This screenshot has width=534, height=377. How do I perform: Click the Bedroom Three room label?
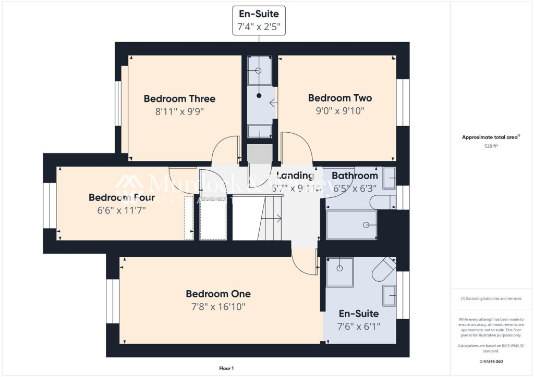coord(179,98)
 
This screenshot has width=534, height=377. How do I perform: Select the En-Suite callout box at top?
coord(259,20)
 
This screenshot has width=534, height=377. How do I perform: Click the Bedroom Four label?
coord(121,197)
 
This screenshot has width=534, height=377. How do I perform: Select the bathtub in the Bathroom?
coord(351,225)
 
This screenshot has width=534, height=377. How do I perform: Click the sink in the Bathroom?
coord(389,178)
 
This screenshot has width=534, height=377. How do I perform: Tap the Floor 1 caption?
coord(226,368)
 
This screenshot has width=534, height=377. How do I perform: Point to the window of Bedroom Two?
coord(403,102)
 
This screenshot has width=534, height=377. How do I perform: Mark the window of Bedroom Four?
coord(50,206)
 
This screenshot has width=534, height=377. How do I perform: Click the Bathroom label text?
coord(355,175)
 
